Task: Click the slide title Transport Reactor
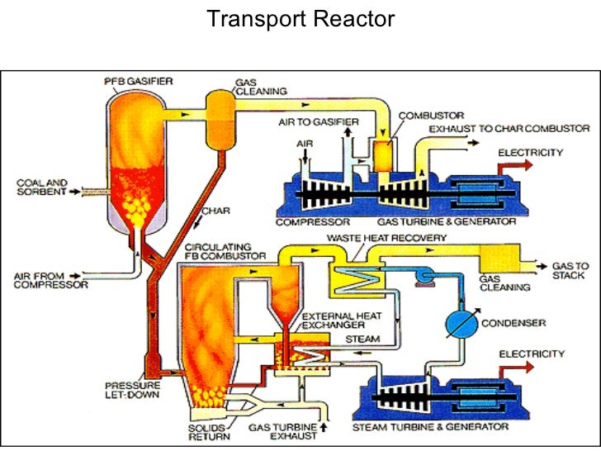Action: pyautogui.click(x=300, y=18)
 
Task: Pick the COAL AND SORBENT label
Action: pyautogui.click(x=39, y=190)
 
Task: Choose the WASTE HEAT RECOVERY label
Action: pyautogui.click(x=386, y=238)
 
